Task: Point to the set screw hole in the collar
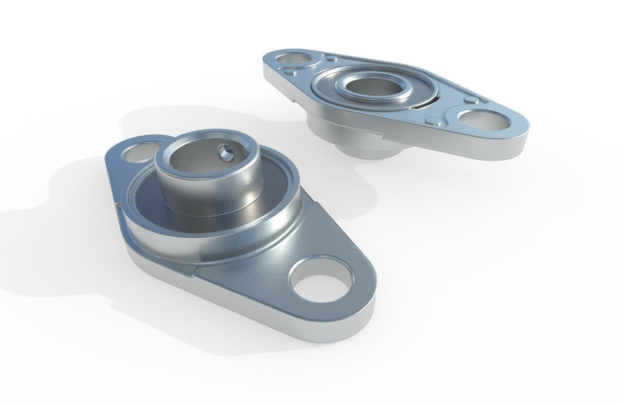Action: [x=225, y=151]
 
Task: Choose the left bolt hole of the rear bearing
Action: [x=294, y=59]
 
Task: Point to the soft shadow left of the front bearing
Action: [x=52, y=194]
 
